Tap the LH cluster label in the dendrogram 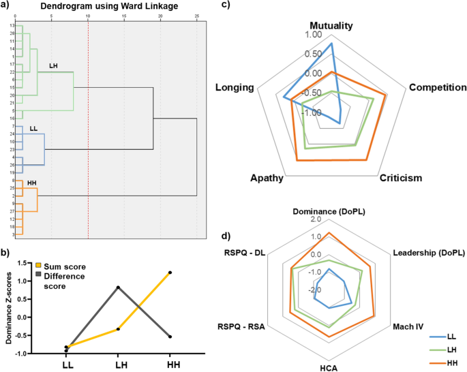click(x=53, y=66)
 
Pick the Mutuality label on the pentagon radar click(x=331, y=26)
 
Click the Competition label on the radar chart click(x=437, y=88)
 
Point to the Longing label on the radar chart click(x=235, y=88)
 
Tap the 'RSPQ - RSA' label click(x=241, y=326)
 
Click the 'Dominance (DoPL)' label click(x=329, y=211)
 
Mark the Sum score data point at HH click(x=170, y=273)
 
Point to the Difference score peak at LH click(x=119, y=287)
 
